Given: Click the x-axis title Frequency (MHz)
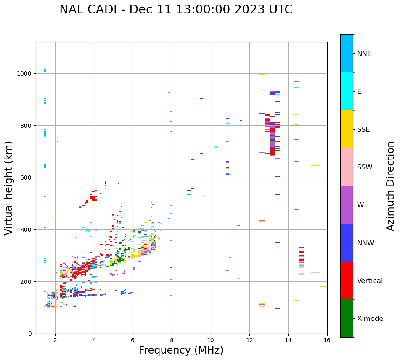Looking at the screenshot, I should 181,350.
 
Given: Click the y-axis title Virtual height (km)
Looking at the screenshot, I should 9,188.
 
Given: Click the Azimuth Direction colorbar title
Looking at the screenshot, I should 391,186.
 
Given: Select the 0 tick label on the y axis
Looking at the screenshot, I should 30,334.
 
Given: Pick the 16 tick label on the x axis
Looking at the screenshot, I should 327,341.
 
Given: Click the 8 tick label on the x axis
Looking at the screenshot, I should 172,341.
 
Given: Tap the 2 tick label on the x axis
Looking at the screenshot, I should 55,341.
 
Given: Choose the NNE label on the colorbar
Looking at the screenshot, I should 364,54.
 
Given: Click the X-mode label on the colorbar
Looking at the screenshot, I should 370,319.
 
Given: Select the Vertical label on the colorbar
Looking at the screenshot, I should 370,281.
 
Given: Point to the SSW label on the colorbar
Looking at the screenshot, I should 365,167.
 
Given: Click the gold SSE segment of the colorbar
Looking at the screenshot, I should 347,129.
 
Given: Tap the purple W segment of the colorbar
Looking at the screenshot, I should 347,205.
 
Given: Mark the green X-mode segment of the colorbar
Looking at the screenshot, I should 347,318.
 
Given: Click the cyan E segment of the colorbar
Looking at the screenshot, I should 347,91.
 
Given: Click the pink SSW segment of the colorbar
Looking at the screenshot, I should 347,167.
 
